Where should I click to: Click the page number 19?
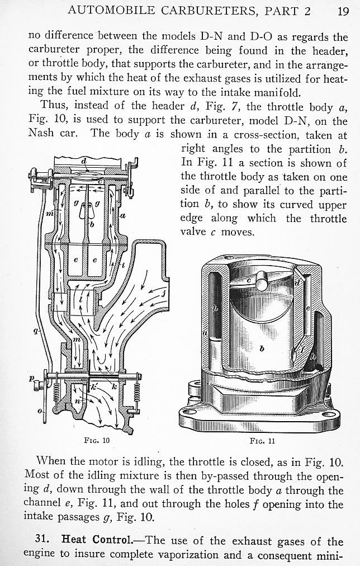343,11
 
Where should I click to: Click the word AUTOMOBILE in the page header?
111,11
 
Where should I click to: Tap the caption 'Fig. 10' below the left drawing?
97,441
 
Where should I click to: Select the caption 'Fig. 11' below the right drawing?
262,441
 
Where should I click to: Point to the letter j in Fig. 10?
163,293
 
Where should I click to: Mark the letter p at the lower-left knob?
32,378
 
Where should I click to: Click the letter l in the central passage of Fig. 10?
80,299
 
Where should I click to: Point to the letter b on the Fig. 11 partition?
262,348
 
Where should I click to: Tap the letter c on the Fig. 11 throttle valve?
249,280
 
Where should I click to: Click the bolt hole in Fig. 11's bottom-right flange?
329,415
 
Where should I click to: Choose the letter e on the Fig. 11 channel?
307,308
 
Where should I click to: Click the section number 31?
42,540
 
